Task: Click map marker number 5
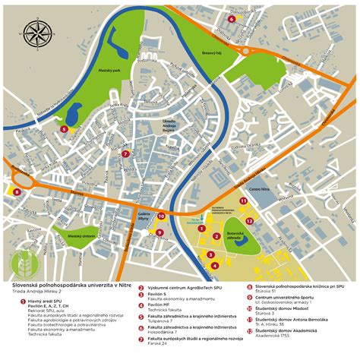(64, 129)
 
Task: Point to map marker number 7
(125, 153)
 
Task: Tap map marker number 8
(17, 192)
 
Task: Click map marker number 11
(242, 201)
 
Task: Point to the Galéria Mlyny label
(144, 216)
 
